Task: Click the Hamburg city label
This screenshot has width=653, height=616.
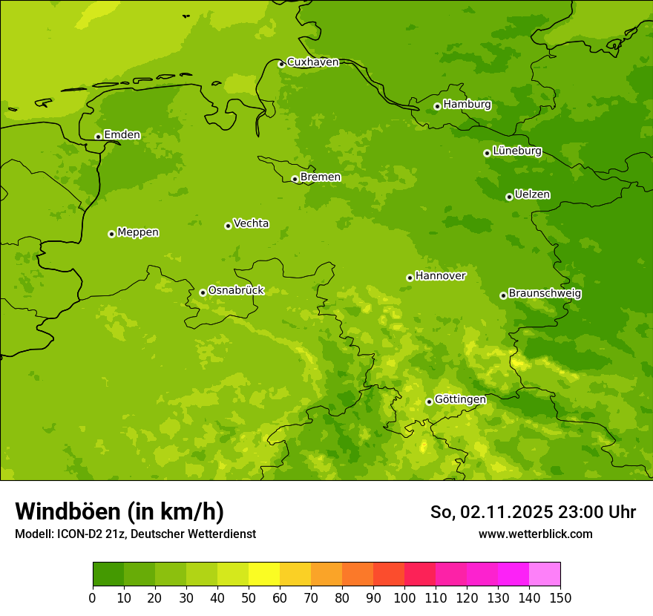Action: tap(467, 105)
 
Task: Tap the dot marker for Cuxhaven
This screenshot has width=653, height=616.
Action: tap(281, 64)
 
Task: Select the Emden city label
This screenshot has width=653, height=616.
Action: tap(122, 135)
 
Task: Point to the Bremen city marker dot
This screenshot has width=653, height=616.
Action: tap(295, 179)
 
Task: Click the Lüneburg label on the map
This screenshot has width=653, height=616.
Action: tap(516, 151)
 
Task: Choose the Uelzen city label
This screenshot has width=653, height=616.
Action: tap(532, 194)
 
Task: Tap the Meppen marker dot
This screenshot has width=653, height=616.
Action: tap(111, 234)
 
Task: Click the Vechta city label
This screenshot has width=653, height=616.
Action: tap(251, 223)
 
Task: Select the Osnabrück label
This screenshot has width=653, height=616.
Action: tap(236, 290)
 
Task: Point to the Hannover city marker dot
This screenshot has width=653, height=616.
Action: tap(410, 278)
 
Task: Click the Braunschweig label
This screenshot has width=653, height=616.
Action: tap(545, 294)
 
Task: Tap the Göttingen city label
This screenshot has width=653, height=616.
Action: tap(460, 399)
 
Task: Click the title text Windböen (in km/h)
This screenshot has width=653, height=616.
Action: tap(119, 511)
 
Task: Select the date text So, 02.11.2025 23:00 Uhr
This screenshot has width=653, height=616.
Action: tap(533, 512)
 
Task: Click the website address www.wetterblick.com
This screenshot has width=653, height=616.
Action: tap(535, 534)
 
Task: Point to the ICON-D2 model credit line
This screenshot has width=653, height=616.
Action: tap(135, 534)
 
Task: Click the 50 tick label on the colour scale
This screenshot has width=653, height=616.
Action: tap(249, 597)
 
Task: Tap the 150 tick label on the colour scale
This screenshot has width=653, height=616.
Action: tap(560, 597)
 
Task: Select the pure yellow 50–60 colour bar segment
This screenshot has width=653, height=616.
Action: tap(264, 574)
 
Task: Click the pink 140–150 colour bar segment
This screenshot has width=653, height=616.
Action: tap(545, 574)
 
